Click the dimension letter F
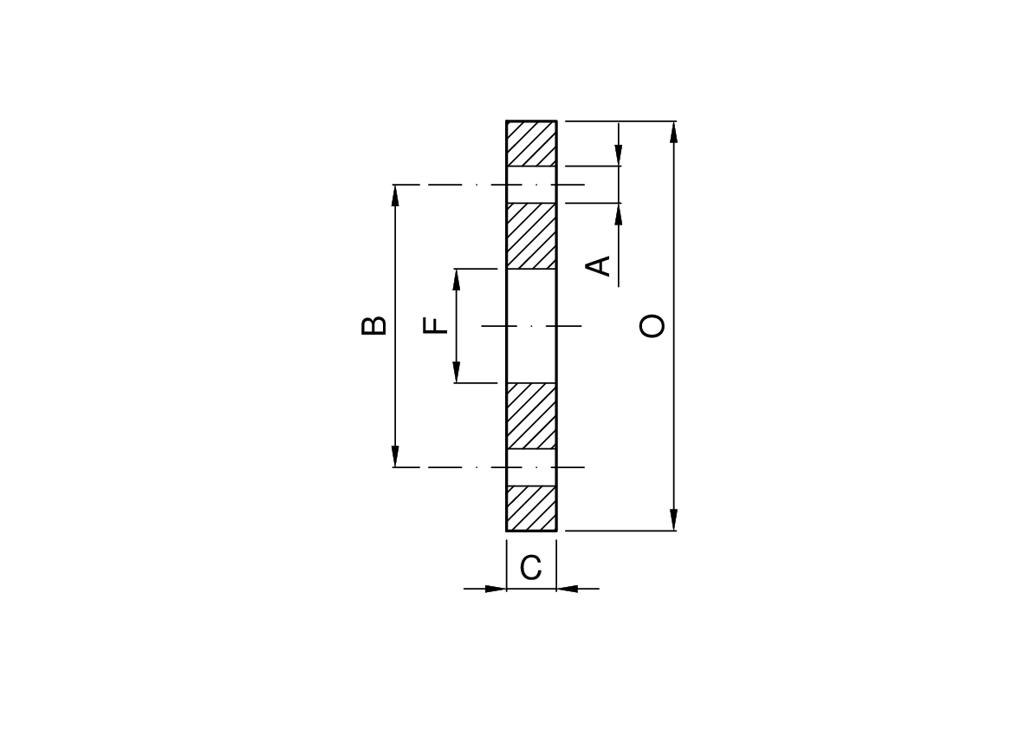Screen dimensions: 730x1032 coord(436,326)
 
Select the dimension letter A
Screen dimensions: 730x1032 coord(598,265)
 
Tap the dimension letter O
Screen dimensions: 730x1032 coord(652,326)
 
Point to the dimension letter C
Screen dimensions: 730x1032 coord(531,568)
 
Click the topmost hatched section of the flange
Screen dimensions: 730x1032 coord(531,143)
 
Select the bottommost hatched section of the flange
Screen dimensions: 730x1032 coord(531,508)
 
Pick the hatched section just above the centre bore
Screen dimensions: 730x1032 coord(531,236)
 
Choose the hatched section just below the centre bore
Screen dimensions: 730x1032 coord(531,416)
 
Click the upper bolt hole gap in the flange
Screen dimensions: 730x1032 coord(531,185)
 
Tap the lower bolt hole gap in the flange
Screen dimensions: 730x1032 coord(531,467)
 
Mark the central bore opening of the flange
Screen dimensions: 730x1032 coord(531,326)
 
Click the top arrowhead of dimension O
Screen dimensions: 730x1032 coord(674,130)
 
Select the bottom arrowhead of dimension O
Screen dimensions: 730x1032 coord(674,521)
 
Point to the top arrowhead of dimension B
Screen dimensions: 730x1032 coord(395,194)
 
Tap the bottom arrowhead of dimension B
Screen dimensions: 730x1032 coord(395,458)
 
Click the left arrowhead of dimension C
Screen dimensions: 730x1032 coord(497,589)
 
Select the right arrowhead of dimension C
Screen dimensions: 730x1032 coord(567,589)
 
